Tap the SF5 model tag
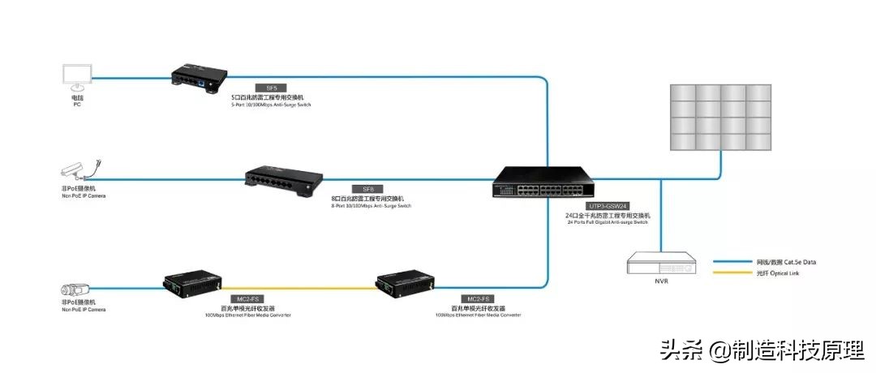[x=271, y=88]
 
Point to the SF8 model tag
[x=367, y=188]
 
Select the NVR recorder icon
[x=662, y=263]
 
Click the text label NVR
[x=662, y=282]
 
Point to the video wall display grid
[x=719, y=118]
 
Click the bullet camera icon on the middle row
[x=79, y=170]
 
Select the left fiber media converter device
[x=192, y=282]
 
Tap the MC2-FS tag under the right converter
[x=478, y=299]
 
